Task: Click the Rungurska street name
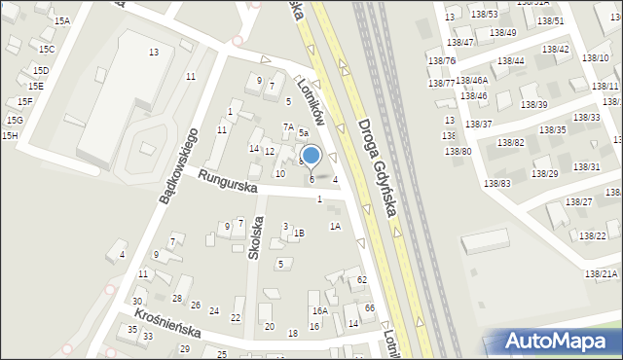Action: click(x=227, y=182)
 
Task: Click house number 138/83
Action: click(x=496, y=183)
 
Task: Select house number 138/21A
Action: click(x=601, y=274)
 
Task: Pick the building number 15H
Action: click(x=10, y=135)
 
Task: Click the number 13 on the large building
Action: click(x=154, y=52)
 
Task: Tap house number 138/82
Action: click(x=510, y=143)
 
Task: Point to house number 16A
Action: click(x=318, y=310)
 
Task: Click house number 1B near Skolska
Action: click(x=299, y=233)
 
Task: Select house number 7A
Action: click(x=288, y=126)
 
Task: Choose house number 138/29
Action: click(x=545, y=173)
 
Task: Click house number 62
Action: click(x=361, y=279)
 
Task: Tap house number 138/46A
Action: click(x=471, y=81)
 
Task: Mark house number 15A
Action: click(x=61, y=20)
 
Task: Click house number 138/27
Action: click(x=578, y=201)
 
